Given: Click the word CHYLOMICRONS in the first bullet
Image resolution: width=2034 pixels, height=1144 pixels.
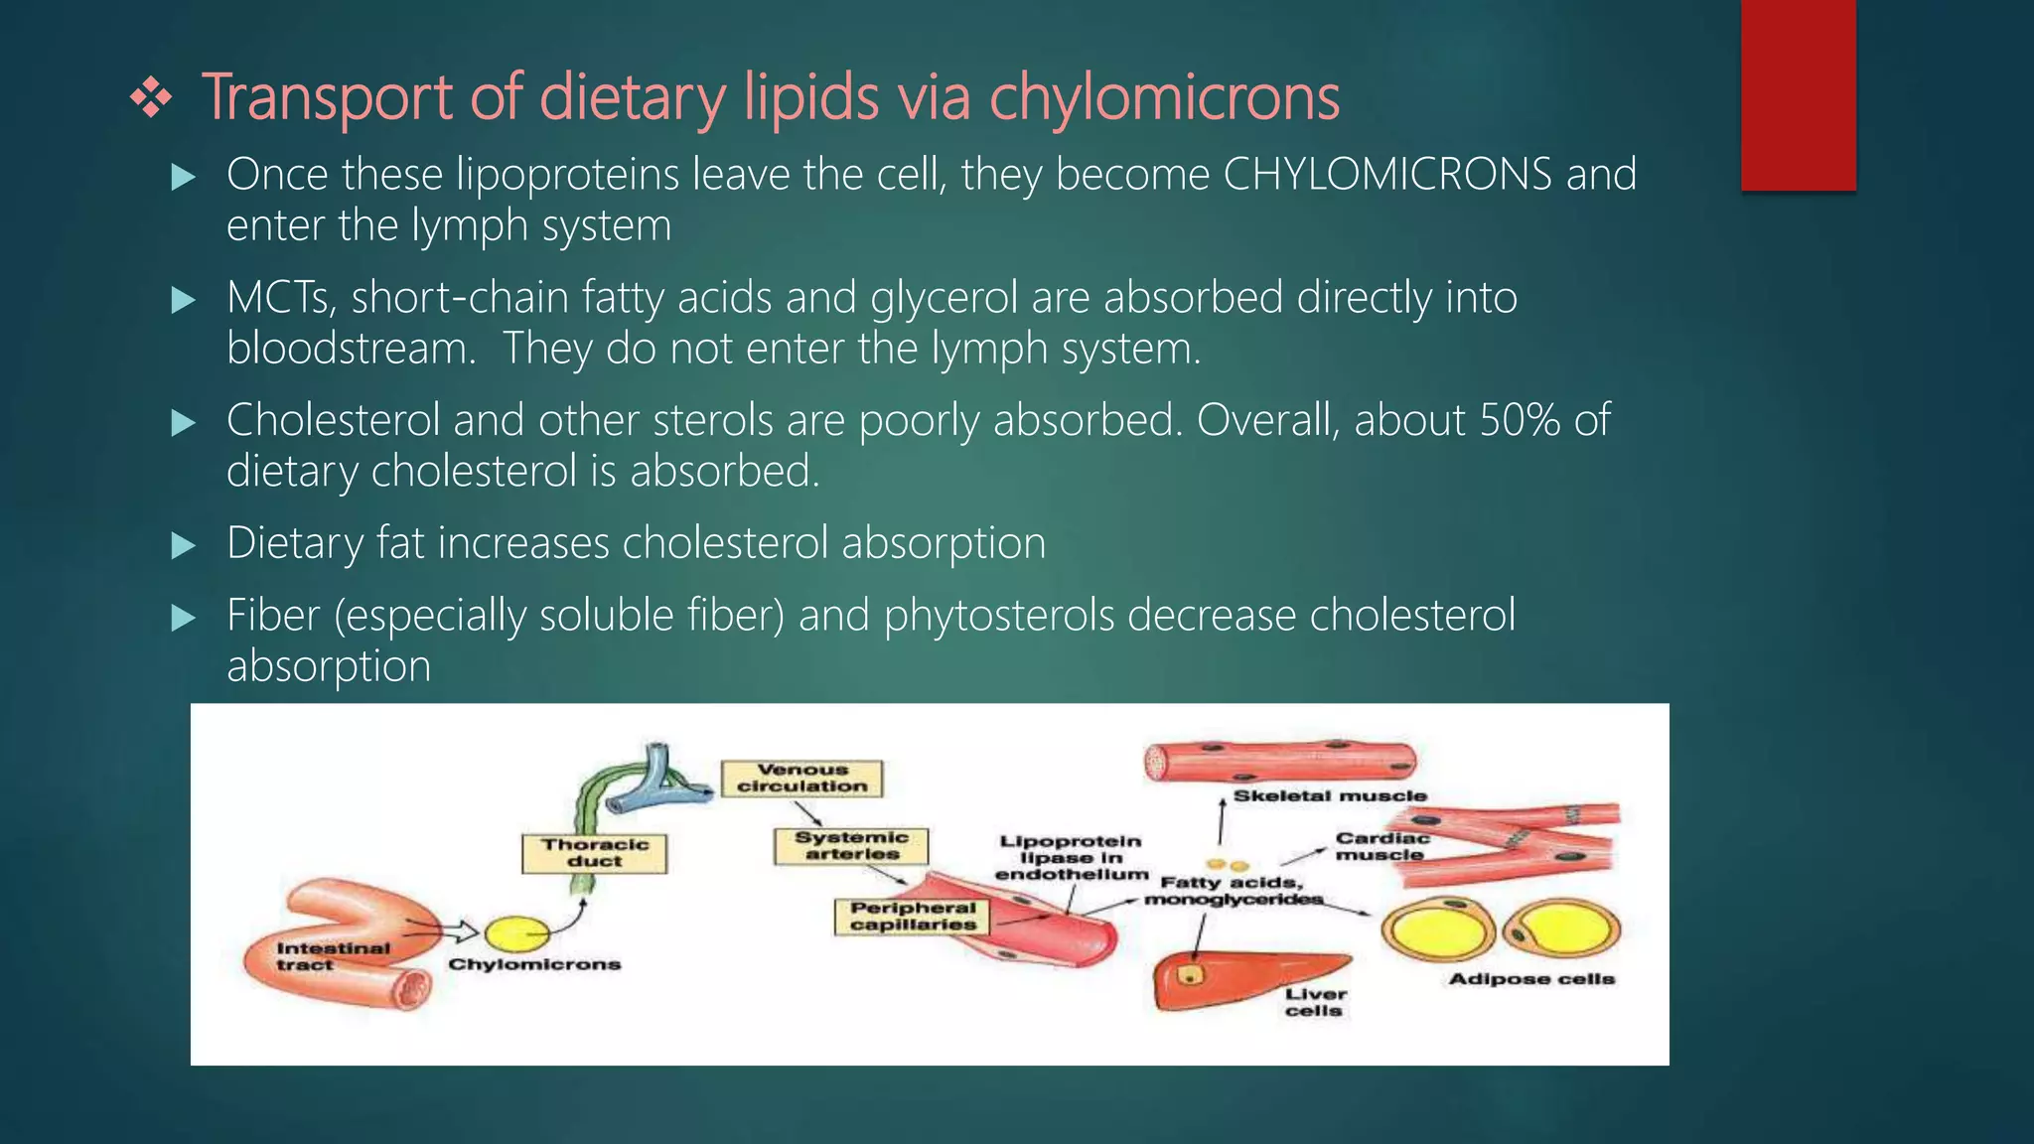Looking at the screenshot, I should (1387, 175).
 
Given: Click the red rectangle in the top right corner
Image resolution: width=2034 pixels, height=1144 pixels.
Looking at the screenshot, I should (1798, 95).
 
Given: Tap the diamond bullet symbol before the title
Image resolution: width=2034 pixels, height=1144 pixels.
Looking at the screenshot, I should (151, 99).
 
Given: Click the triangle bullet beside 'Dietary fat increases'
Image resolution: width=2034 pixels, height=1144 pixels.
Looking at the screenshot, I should (184, 545).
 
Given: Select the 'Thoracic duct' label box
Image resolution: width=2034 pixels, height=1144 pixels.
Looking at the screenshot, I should (594, 853).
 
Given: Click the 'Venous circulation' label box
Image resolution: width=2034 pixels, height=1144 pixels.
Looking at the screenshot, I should (801, 779).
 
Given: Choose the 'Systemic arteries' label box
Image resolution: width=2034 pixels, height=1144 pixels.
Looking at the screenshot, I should (851, 846).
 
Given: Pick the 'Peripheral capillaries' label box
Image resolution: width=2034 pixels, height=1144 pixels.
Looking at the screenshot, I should (913, 917).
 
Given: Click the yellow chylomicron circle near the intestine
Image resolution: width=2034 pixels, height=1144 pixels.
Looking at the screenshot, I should (516, 934).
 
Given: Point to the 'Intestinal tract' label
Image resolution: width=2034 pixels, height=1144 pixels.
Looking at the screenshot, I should (333, 956).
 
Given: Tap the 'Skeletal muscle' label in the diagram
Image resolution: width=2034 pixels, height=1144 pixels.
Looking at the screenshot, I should (1329, 796).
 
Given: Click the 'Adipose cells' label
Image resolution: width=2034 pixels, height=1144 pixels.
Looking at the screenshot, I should (1530, 979).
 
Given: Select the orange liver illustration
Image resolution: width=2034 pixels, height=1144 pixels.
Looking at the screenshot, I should (1241, 978).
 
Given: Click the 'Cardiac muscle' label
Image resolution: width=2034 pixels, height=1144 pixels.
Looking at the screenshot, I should (1380, 846).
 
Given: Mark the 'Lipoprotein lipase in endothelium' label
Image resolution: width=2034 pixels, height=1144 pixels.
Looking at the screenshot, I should (1070, 858).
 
